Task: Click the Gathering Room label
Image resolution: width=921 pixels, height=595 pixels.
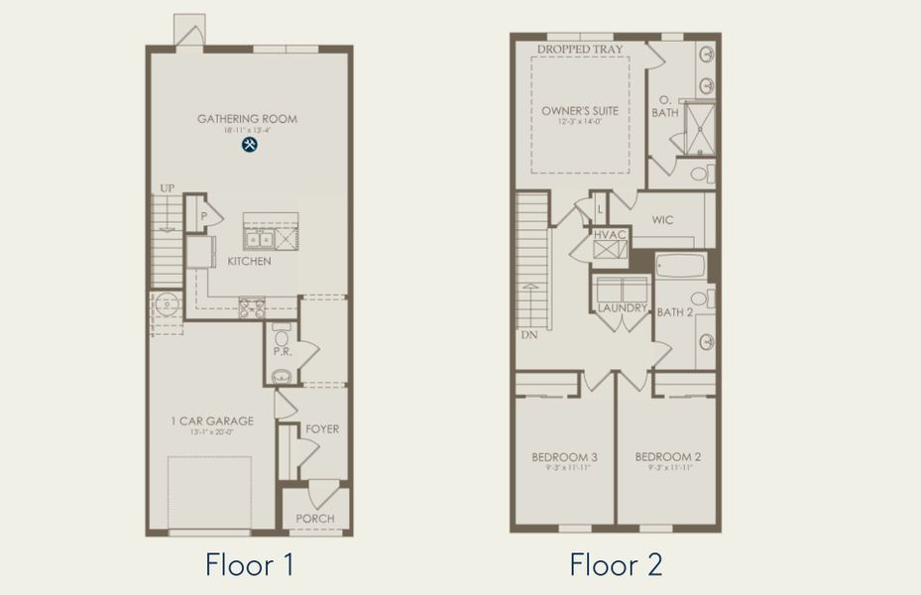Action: click(247, 119)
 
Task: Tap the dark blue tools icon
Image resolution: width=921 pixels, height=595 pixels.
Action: click(249, 145)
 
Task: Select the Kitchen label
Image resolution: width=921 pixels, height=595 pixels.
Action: click(249, 262)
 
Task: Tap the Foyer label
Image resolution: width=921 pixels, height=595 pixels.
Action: click(322, 429)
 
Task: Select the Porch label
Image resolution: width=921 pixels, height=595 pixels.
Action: click(315, 518)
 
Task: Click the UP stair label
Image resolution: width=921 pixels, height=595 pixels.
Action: click(168, 188)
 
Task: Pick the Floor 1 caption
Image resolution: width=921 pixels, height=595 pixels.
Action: click(249, 565)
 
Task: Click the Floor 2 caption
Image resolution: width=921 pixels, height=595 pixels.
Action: click(616, 565)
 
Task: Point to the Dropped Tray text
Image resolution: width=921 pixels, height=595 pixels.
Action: click(579, 49)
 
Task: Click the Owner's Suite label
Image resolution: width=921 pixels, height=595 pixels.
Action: click(580, 111)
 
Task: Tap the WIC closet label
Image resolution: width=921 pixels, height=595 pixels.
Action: click(663, 220)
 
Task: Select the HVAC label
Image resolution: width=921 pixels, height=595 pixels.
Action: click(611, 234)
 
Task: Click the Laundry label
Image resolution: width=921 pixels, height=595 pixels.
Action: click(622, 308)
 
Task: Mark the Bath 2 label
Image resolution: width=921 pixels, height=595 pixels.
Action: click(674, 312)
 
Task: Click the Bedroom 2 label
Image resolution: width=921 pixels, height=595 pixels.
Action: click(667, 457)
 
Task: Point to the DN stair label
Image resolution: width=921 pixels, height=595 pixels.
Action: click(528, 335)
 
